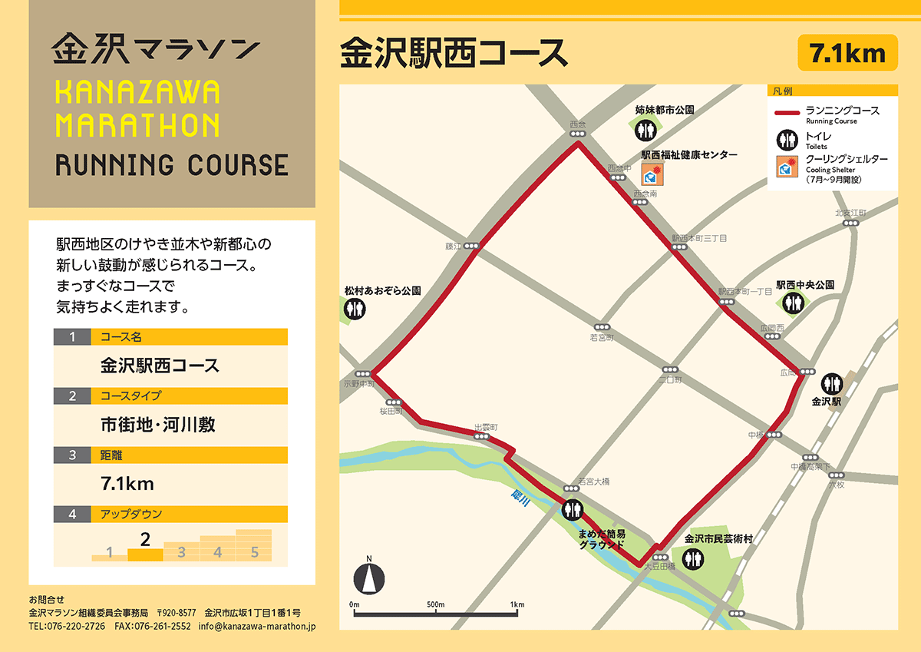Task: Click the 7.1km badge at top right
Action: click(847, 54)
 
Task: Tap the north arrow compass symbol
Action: click(369, 577)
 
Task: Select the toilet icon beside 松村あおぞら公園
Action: click(355, 309)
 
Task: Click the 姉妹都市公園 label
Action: click(665, 111)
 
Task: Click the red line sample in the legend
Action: click(787, 114)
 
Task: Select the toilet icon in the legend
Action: click(787, 140)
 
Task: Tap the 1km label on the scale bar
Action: click(517, 605)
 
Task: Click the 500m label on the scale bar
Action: click(436, 605)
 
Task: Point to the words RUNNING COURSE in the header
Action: click(172, 165)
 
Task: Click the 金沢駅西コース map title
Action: click(454, 53)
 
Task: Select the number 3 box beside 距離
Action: click(72, 455)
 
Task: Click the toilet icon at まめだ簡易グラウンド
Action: click(573, 508)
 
